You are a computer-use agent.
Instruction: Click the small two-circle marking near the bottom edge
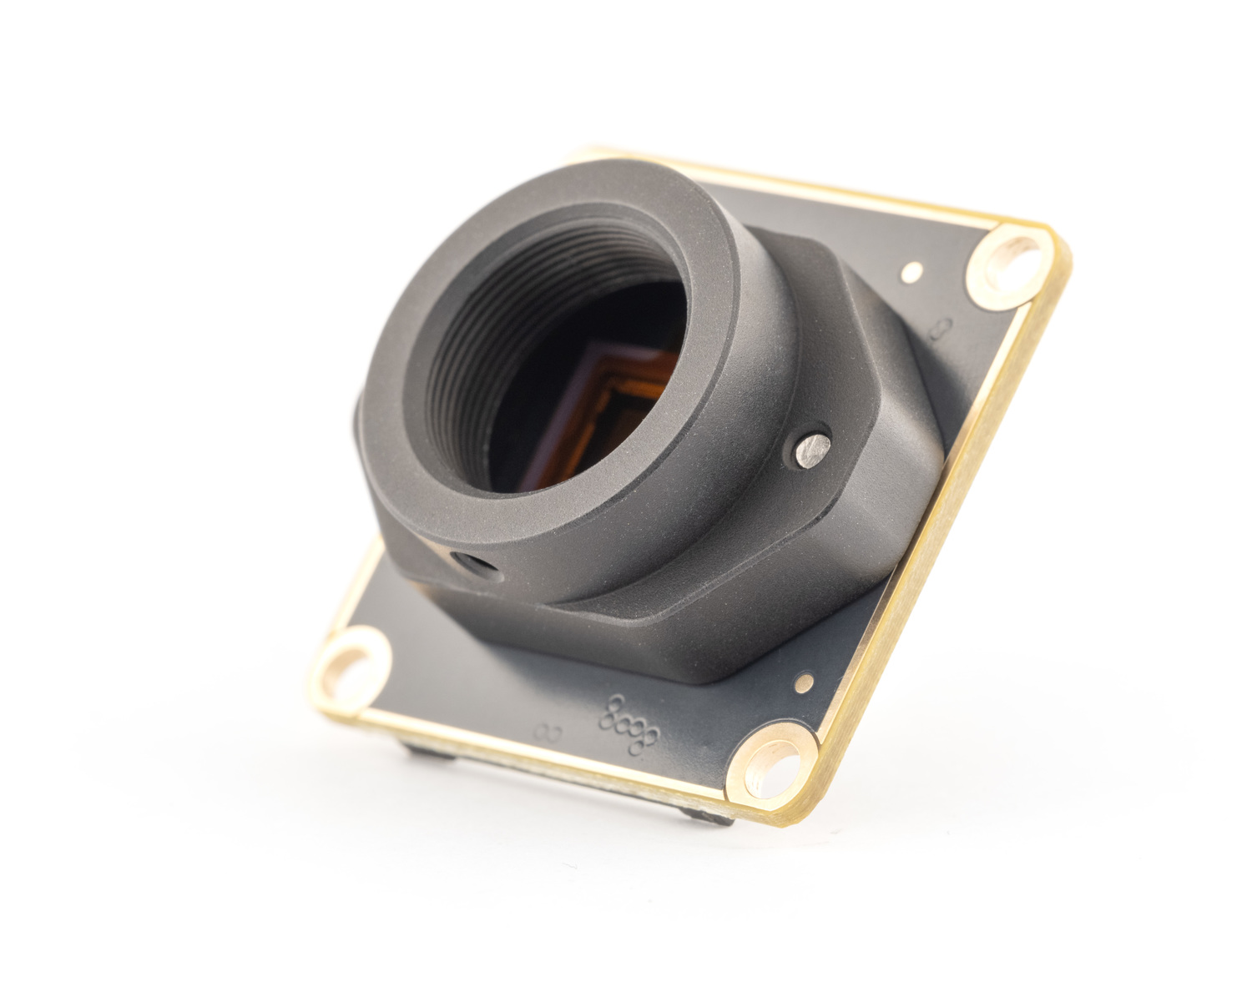tap(548, 733)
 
